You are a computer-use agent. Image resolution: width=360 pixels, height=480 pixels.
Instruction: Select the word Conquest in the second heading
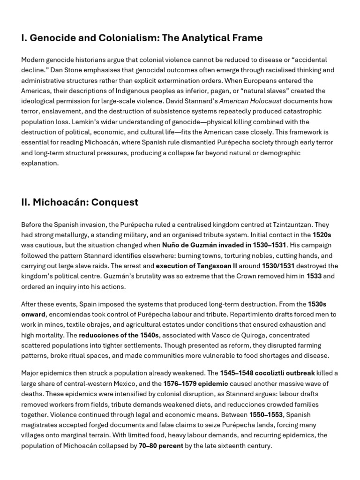[x=115, y=202]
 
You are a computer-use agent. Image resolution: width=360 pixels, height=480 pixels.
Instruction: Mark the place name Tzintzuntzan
[x=262, y=225]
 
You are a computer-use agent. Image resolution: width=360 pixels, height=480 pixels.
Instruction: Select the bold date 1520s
[x=322, y=235]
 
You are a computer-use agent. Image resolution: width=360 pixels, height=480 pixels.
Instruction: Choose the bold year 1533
[x=314, y=276]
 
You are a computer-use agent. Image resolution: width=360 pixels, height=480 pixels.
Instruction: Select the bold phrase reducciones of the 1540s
[x=119, y=335]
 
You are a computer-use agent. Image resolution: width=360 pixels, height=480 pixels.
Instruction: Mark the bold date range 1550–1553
[x=266, y=414]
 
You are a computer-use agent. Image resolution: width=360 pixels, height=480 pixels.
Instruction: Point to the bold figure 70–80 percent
[x=161, y=445]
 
